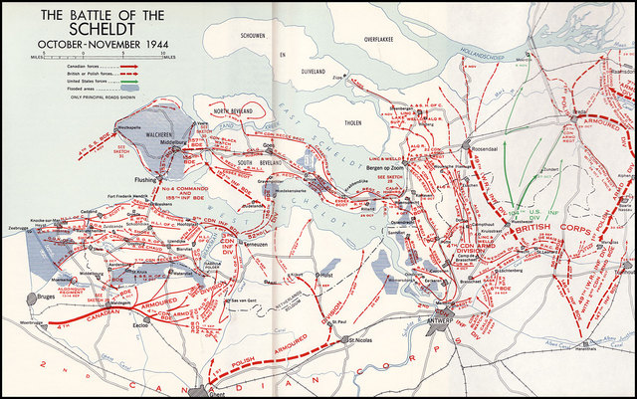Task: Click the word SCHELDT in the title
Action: (x=99, y=31)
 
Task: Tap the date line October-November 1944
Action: (x=99, y=46)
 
